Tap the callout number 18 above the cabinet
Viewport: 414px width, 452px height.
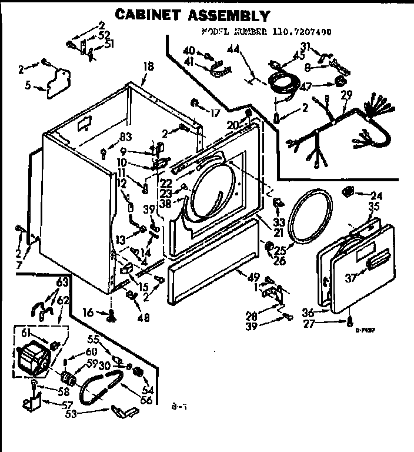click(148, 67)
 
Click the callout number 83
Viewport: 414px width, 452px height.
click(124, 138)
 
